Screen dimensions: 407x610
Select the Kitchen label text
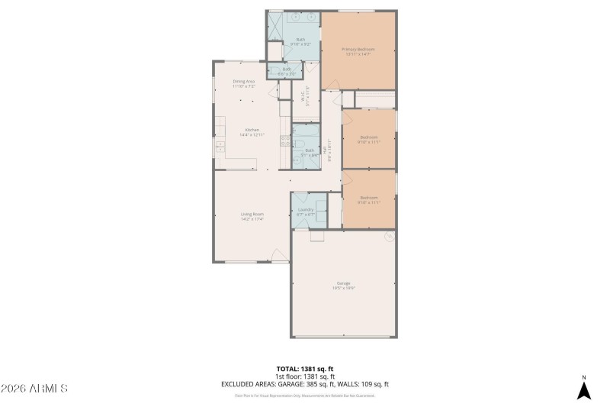[x=252, y=129]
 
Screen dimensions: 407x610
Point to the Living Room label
[x=252, y=214]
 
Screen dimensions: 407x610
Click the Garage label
[x=343, y=283]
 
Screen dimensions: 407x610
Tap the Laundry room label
[x=306, y=210]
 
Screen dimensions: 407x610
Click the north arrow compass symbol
[x=583, y=389]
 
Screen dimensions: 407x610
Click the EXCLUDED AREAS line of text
[x=305, y=384]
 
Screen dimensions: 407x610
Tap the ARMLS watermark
[x=35, y=389]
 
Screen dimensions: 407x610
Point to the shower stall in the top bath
[x=274, y=27]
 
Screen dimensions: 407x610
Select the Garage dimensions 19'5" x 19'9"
[x=343, y=288]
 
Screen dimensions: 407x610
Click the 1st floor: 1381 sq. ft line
[x=305, y=376]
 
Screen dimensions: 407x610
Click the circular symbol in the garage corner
[x=389, y=236]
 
